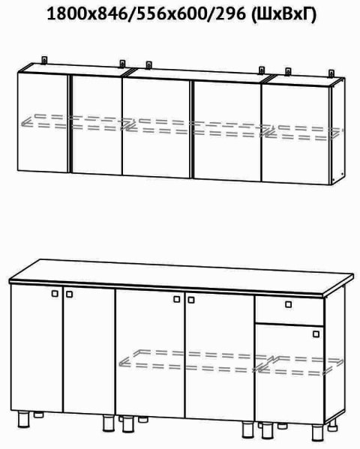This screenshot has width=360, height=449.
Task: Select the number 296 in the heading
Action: (x=230, y=13)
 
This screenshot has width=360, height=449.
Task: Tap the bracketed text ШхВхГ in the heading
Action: (x=284, y=13)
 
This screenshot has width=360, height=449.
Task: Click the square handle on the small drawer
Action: (x=288, y=304)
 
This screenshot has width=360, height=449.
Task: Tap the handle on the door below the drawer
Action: (x=316, y=334)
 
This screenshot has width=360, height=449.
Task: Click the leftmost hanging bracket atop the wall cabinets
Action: (x=44, y=60)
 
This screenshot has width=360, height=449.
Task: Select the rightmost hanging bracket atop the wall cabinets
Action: (x=331, y=73)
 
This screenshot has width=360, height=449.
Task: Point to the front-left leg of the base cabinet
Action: (x=23, y=420)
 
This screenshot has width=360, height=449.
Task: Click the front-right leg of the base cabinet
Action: (x=318, y=433)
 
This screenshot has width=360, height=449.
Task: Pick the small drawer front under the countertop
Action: (x=289, y=310)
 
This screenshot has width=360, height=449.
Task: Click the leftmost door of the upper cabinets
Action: (x=43, y=122)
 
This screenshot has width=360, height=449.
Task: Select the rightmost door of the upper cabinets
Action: (x=296, y=134)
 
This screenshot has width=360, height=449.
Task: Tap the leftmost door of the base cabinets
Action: (x=37, y=349)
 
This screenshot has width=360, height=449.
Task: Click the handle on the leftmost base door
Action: (x=55, y=294)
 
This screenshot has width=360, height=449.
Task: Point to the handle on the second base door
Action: (x=69, y=294)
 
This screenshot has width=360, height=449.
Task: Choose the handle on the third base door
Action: (x=177, y=299)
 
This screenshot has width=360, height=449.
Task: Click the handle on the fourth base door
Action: (x=191, y=300)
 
